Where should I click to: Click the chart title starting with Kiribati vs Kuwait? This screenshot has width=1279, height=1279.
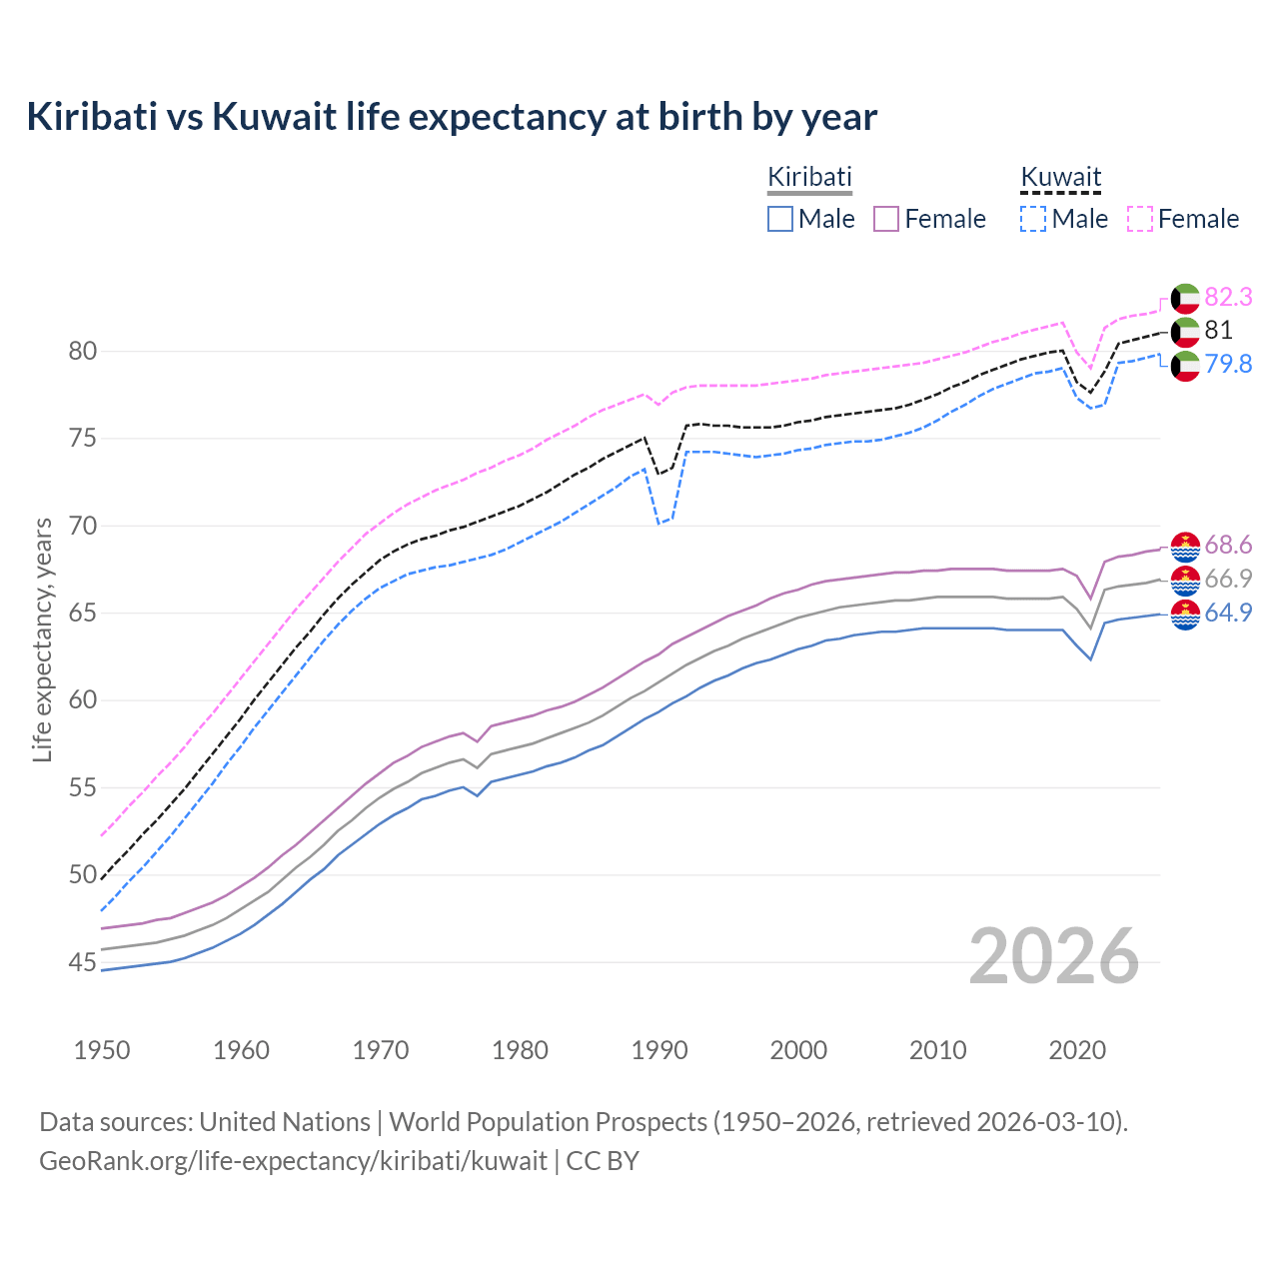click(452, 117)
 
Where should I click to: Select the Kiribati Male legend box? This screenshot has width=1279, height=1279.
click(780, 219)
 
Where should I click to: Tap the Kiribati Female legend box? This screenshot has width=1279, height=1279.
click(886, 219)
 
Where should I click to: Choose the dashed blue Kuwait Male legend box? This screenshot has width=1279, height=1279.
click(1033, 219)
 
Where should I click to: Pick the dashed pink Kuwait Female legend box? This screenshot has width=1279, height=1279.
click(1140, 219)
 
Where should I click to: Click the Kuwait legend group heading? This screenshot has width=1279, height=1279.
click(1060, 178)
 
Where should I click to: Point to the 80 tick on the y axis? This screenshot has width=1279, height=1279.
click(83, 352)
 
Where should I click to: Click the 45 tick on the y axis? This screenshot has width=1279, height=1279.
click(83, 963)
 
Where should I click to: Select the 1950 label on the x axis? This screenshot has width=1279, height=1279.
click(102, 1050)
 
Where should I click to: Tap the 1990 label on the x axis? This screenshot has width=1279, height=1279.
click(659, 1050)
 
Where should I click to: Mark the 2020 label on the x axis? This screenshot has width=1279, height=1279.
click(1077, 1050)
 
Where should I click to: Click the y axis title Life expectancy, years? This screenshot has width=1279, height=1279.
click(43, 639)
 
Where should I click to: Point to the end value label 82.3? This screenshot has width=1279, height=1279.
click(1228, 298)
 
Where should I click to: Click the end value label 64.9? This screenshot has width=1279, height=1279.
click(1228, 613)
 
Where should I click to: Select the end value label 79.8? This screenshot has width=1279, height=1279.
click(1228, 364)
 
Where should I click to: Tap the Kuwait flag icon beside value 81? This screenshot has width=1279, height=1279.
click(1185, 331)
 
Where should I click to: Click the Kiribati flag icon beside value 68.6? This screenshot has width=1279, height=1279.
click(1185, 546)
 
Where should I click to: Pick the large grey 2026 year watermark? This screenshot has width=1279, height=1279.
click(1054, 956)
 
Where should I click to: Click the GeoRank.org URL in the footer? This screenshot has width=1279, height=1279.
click(293, 1161)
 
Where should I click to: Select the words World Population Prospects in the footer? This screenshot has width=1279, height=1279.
click(548, 1122)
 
